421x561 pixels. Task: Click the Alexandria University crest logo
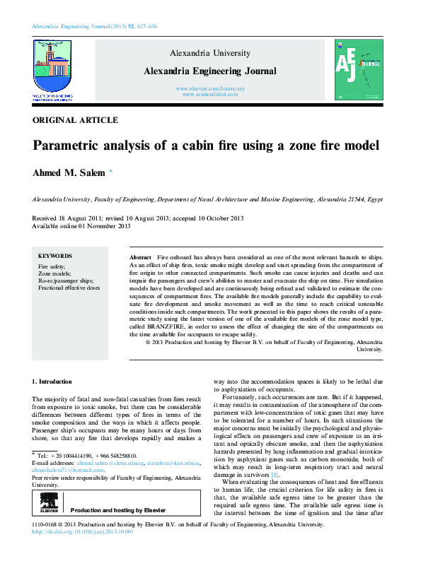point(52,67)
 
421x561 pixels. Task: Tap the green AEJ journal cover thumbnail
point(358,69)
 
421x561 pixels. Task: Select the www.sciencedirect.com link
point(210,94)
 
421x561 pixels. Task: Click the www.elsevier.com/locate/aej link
point(210,88)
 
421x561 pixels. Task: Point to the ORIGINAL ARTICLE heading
point(75,120)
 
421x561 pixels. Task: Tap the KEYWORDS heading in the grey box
point(55,256)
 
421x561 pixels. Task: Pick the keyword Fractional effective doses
point(69,288)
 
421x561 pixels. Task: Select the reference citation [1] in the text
point(274,475)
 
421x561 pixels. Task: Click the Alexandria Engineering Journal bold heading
point(210,71)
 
